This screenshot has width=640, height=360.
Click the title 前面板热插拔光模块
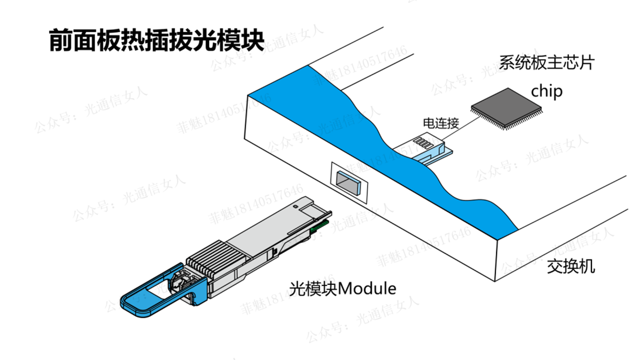pos(156,40)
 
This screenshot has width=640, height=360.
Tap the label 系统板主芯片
pos(547,62)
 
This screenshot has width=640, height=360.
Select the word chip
pos(547,92)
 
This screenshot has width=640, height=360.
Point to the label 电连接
pos(441,123)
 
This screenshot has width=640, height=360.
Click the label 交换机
pos(571,266)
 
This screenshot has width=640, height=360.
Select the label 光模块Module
pos(343,289)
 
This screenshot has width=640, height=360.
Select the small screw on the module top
pos(295,206)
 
